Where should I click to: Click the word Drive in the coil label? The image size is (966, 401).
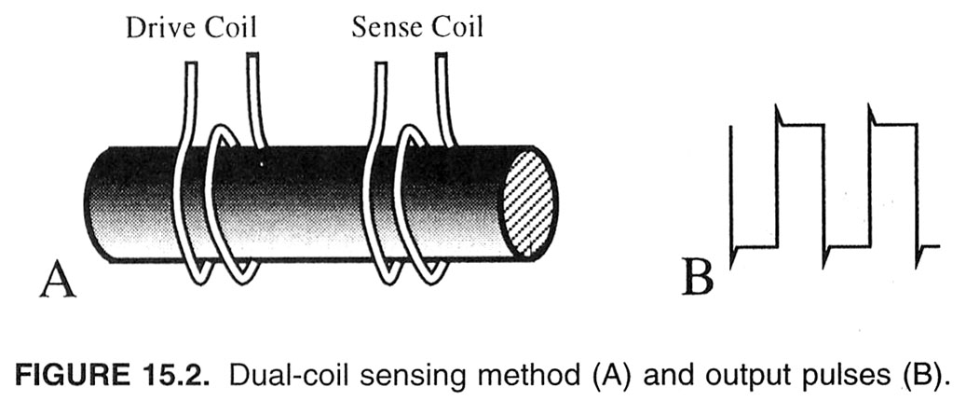(x=159, y=28)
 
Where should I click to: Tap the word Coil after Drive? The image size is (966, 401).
(x=230, y=28)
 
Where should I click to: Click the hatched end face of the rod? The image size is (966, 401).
(x=528, y=202)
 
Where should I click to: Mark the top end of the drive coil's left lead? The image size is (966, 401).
(x=192, y=62)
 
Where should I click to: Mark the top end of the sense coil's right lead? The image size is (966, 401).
(x=442, y=56)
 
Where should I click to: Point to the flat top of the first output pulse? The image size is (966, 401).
(x=801, y=125)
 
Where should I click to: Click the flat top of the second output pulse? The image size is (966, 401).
(x=894, y=124)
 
